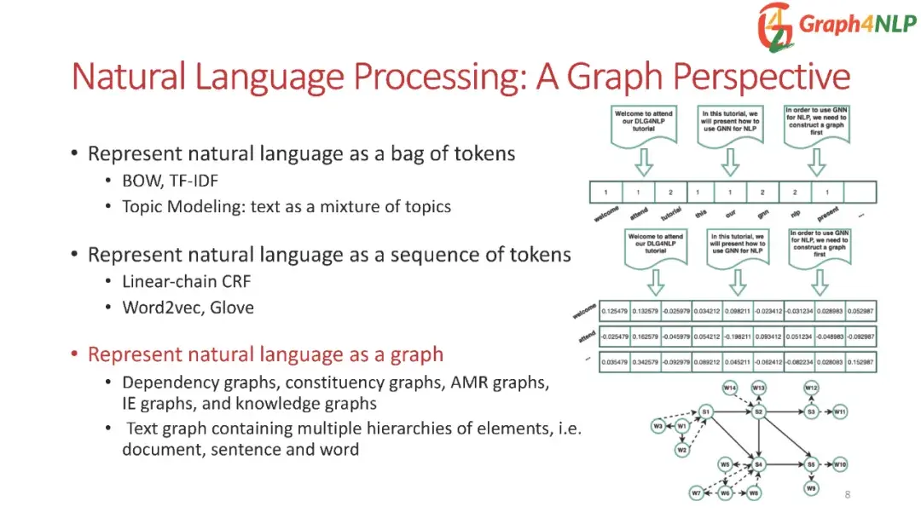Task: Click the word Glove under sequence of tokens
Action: coord(232,308)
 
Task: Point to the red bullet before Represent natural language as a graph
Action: coord(75,354)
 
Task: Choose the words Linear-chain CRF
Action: coord(187,281)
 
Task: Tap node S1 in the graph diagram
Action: coord(705,412)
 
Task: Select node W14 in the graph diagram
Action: coord(730,388)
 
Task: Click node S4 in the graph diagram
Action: coord(758,464)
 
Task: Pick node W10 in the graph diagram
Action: coord(840,464)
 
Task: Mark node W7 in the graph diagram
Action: coord(697,493)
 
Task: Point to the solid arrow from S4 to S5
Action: coord(785,464)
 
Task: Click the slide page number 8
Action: coord(847,495)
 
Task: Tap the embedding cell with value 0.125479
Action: coord(615,312)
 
